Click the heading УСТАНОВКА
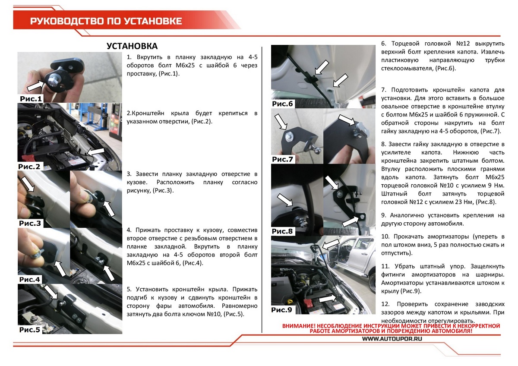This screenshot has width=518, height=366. [x=132, y=46]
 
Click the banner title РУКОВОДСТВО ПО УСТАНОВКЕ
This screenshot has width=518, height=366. [x=106, y=21]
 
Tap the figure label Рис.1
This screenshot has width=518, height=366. [x=31, y=99]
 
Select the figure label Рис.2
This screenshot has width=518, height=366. [x=29, y=166]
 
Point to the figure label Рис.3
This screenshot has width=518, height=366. [x=30, y=224]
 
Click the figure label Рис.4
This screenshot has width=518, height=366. [x=30, y=279]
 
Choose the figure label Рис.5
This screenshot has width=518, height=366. [x=30, y=330]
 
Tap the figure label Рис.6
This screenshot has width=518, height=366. [x=283, y=104]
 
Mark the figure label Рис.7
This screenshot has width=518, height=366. [x=283, y=160]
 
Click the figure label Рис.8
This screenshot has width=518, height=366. [x=283, y=231]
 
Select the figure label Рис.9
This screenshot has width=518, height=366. [x=282, y=310]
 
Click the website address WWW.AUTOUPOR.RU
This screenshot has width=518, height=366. [x=392, y=339]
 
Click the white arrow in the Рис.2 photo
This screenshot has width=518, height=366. [x=96, y=152]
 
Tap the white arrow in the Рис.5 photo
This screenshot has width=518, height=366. [x=51, y=292]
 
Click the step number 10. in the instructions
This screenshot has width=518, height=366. [x=385, y=237]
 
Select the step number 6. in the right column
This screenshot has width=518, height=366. [x=383, y=44]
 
